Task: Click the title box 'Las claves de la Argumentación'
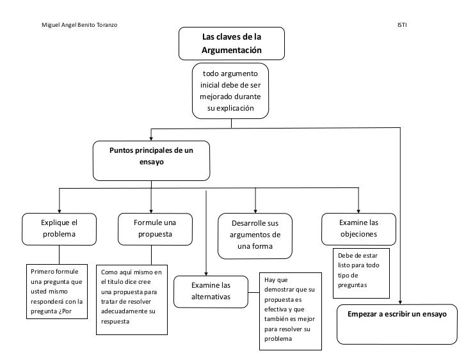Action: [232, 43]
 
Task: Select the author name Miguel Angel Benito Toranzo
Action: [79, 25]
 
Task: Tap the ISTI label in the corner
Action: [402, 25]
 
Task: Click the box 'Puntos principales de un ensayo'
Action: [151, 160]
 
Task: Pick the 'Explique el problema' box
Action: [59, 229]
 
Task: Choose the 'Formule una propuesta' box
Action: [155, 229]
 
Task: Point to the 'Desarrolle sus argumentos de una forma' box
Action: [255, 236]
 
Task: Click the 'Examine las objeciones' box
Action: [358, 229]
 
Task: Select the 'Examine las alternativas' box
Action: [211, 292]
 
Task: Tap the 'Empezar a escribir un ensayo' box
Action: [397, 324]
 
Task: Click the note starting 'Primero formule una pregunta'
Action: [57, 292]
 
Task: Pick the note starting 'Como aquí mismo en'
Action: [132, 300]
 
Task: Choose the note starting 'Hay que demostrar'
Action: [291, 311]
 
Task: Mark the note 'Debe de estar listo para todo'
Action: [361, 273]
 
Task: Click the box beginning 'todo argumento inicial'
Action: [230, 91]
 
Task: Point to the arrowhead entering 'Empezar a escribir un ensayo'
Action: [400, 302]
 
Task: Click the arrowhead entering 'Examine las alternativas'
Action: [206, 274]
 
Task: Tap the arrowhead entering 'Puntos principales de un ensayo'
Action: [151, 139]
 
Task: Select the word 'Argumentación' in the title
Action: [232, 50]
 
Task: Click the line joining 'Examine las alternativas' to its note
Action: [253, 292]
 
